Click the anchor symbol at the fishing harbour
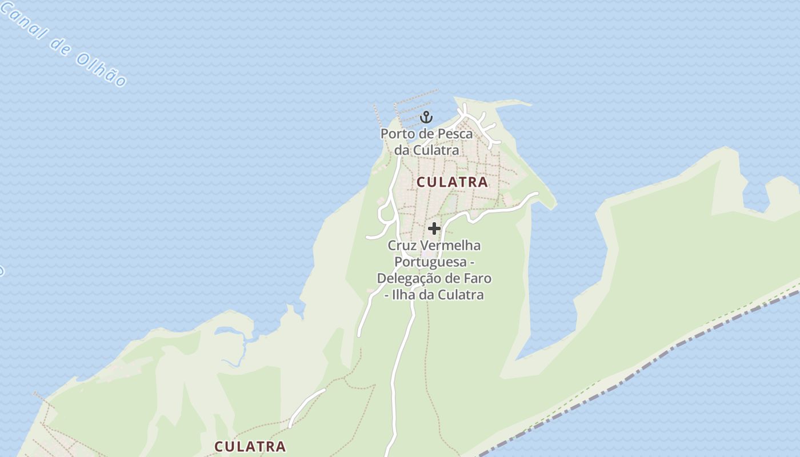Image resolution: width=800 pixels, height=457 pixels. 426,118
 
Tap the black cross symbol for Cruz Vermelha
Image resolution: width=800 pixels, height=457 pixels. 434,228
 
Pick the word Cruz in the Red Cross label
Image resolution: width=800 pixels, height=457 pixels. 402,246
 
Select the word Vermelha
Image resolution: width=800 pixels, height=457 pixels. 450,246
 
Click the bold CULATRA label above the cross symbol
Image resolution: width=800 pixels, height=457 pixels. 452,182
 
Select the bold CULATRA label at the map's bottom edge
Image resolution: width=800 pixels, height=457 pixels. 250,446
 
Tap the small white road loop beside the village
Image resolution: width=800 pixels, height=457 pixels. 387,215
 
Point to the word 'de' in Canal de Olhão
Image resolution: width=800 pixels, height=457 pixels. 60,46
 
